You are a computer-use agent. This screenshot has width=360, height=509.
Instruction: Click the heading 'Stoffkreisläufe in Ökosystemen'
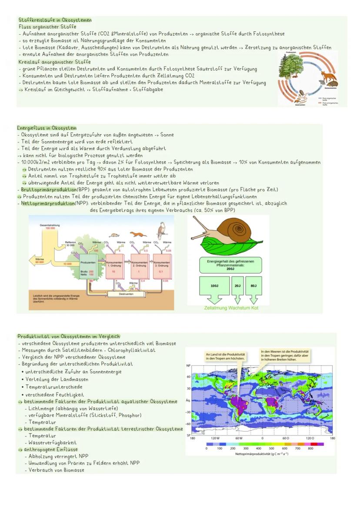[x=55, y=20]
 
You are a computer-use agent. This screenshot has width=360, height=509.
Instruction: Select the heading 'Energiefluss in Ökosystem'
[x=47, y=128]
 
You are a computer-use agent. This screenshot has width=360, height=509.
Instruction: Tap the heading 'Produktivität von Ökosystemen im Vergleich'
[x=69, y=336]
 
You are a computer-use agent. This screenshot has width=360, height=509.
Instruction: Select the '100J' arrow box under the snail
[x=214, y=288]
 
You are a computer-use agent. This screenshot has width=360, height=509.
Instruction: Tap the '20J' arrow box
[x=237, y=288]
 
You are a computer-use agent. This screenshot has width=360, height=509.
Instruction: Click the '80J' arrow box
[x=253, y=288]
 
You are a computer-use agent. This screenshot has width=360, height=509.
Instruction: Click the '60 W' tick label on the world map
[x=238, y=438]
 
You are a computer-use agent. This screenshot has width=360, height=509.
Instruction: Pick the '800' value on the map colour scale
[x=310, y=448]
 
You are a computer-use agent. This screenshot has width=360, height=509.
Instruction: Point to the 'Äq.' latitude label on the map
[x=188, y=400]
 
